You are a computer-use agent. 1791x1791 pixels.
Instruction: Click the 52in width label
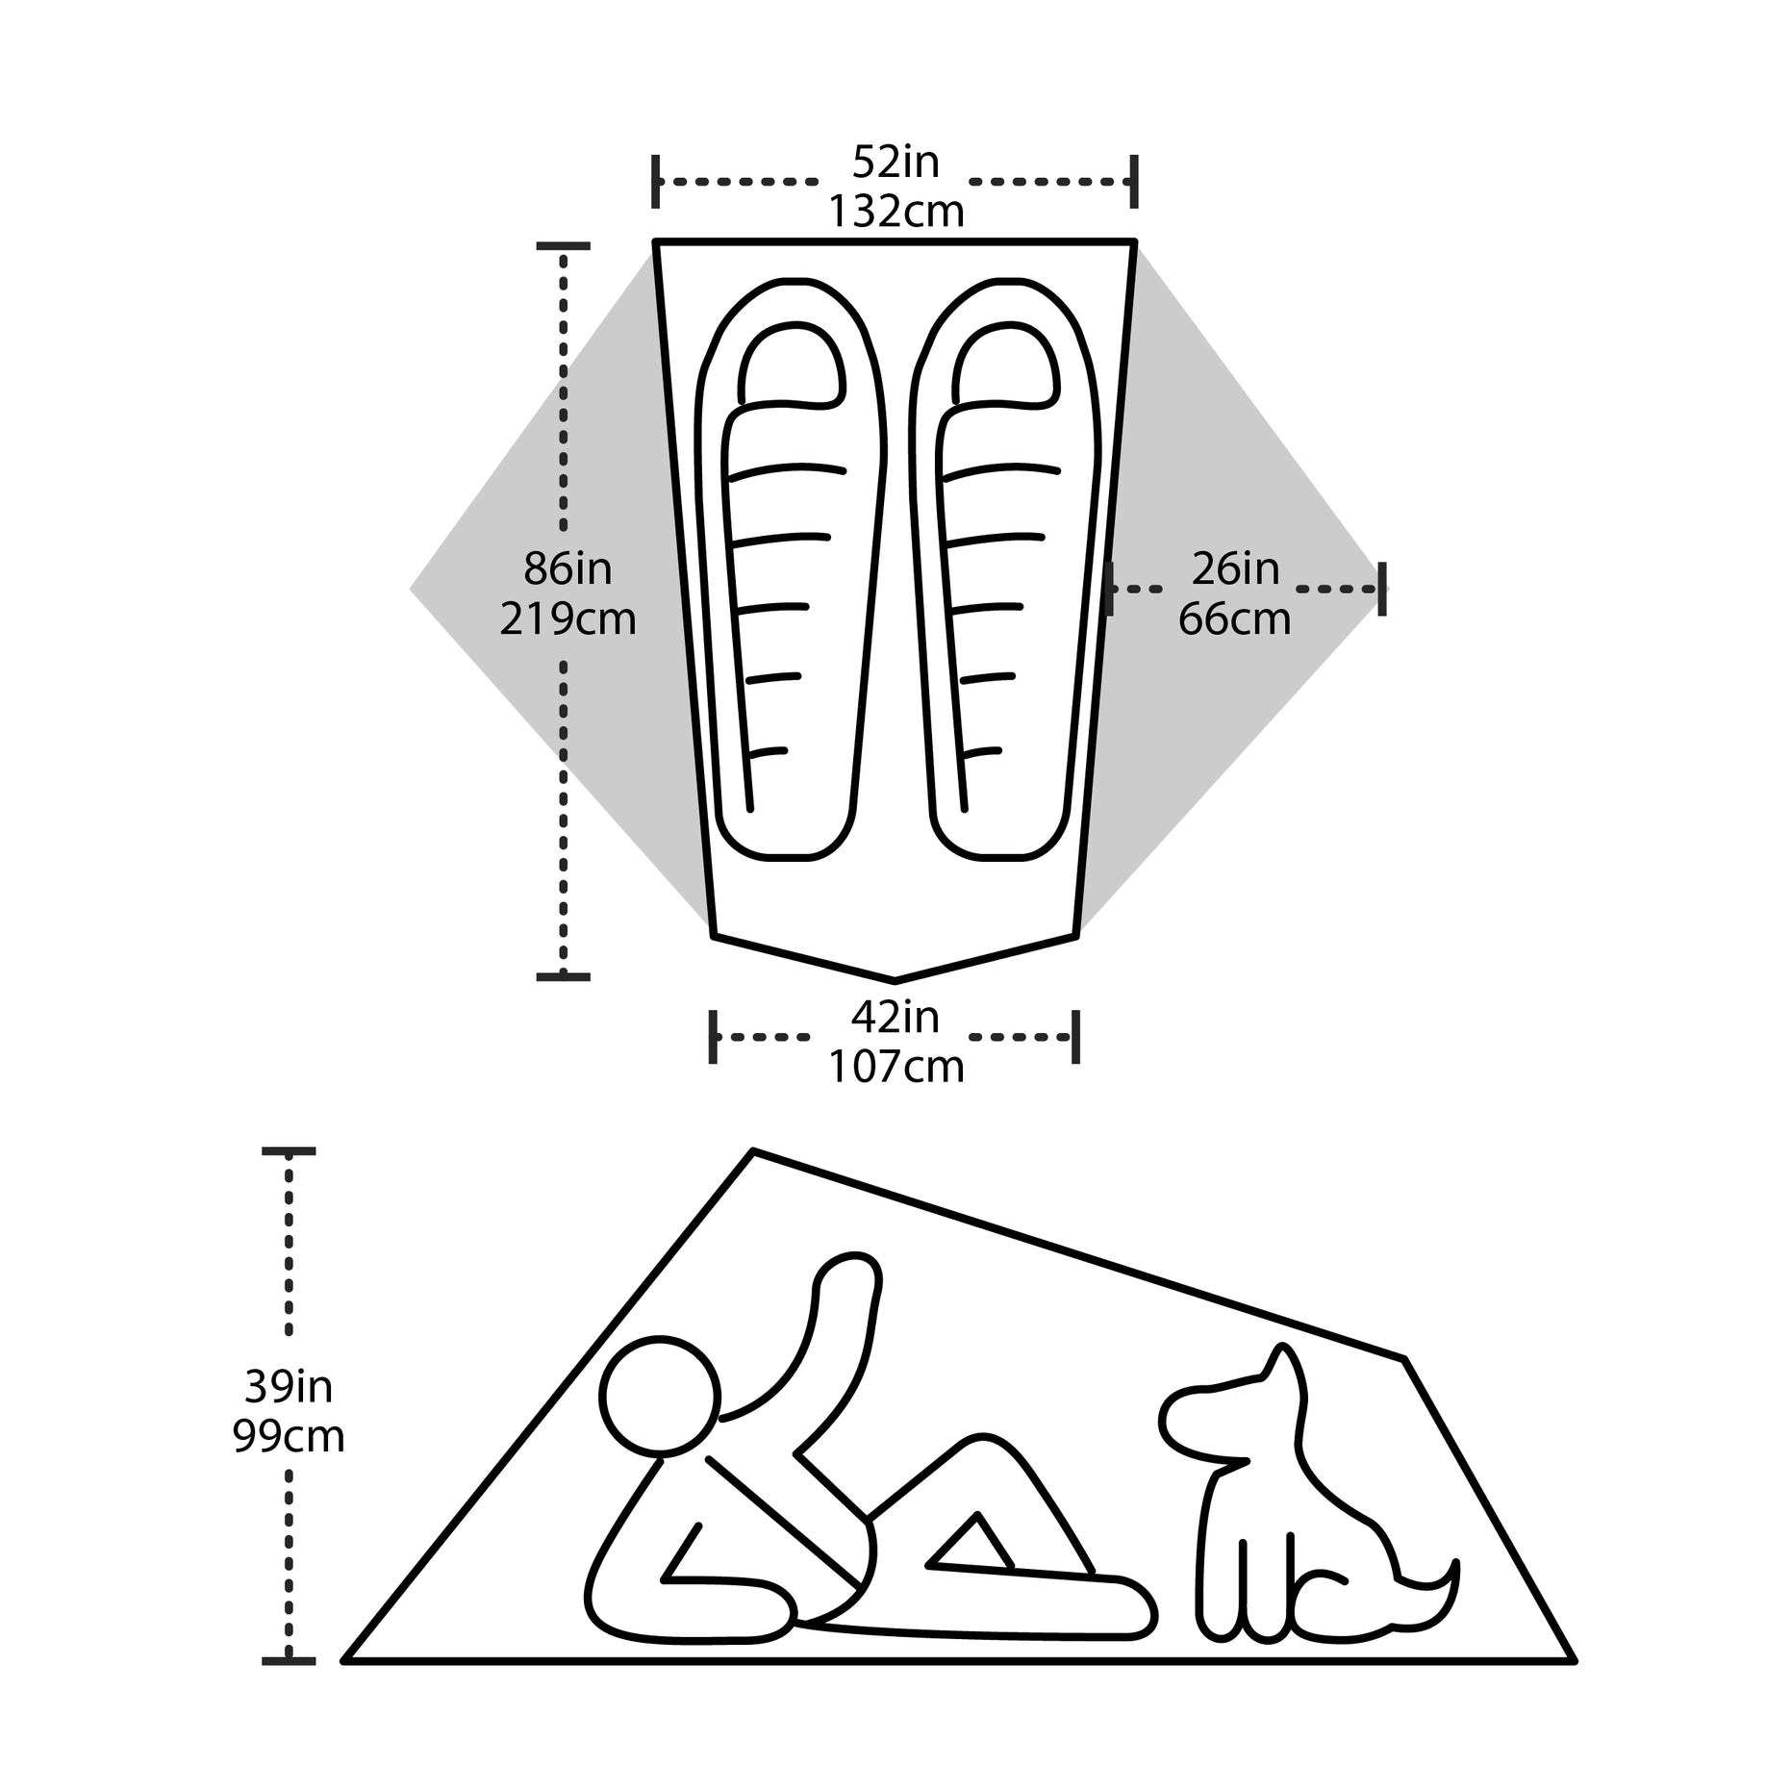tap(895, 163)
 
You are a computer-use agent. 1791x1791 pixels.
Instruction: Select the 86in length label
tap(568, 568)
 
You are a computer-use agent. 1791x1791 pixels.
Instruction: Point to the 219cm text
tap(568, 618)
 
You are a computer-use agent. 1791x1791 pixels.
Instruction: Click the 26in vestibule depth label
tap(1235, 568)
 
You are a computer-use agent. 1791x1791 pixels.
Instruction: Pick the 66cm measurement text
tap(1235, 618)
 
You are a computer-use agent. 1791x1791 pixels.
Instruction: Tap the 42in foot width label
tap(895, 1017)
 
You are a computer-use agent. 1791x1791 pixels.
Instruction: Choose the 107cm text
tap(896, 1067)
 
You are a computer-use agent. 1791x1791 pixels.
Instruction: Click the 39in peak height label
tap(289, 1386)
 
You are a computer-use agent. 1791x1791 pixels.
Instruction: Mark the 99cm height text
tap(289, 1436)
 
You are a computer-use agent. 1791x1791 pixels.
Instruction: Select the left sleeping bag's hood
tap(792, 363)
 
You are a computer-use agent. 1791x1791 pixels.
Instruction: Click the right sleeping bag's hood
tap(1006, 363)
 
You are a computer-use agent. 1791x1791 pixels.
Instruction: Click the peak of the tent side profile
tap(753, 1150)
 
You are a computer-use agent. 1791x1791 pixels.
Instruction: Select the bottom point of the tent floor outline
tap(895, 980)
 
